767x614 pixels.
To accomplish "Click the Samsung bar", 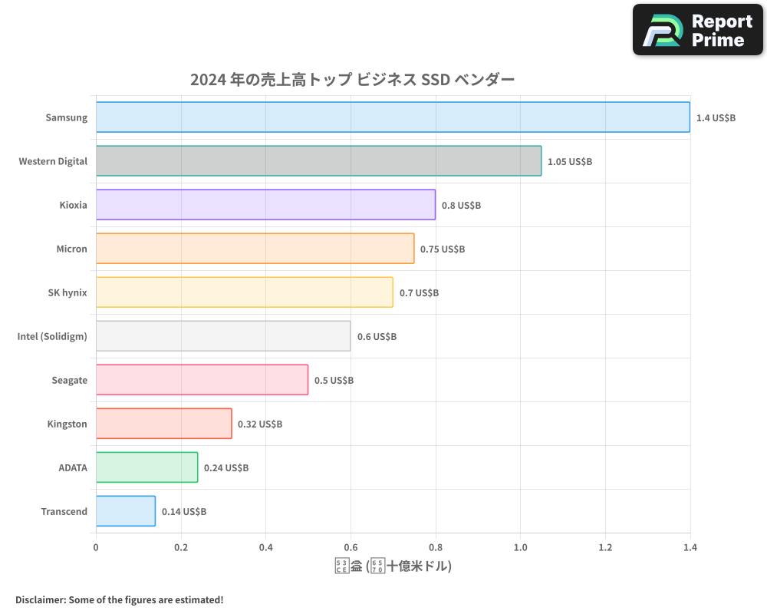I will point(393,117).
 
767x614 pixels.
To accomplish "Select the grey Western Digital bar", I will point(318,161).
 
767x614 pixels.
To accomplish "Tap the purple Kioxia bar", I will point(265,205).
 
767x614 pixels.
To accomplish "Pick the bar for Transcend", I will point(126,511).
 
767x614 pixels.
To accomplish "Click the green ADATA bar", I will point(146,467).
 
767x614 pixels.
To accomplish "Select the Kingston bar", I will point(163,424).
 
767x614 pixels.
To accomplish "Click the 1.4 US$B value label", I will point(716,118).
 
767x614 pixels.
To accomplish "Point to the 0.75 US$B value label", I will point(443,249).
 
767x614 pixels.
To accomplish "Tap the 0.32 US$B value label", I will point(260,424).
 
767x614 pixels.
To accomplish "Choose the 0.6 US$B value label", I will point(377,337).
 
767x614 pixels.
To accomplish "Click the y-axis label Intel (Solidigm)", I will point(52,336).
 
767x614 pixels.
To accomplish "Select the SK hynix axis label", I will point(67,292).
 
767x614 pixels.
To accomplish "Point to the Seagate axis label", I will point(69,380).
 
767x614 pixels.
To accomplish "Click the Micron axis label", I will point(71,249).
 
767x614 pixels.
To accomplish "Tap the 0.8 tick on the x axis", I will point(436,548).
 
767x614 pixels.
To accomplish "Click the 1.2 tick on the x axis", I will point(605,548).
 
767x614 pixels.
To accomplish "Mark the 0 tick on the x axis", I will point(96,548).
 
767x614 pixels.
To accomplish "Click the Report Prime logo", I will point(698,30).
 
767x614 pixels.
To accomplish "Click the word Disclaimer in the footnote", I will point(39,599).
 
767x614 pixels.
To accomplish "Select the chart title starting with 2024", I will point(352,80).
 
